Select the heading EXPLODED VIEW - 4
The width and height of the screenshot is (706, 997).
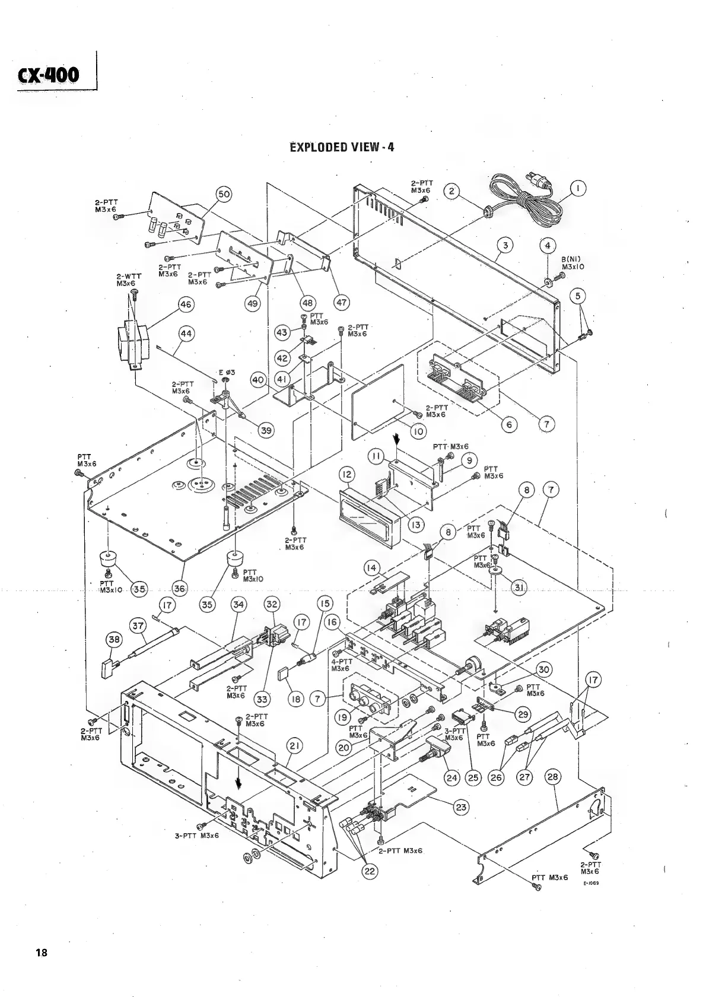(341, 147)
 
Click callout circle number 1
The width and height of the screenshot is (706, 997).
(578, 189)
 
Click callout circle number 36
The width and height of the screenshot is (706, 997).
(179, 588)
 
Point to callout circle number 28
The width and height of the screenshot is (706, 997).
(551, 777)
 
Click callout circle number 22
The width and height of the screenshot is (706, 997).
(370, 871)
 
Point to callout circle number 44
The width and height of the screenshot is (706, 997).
(186, 334)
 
